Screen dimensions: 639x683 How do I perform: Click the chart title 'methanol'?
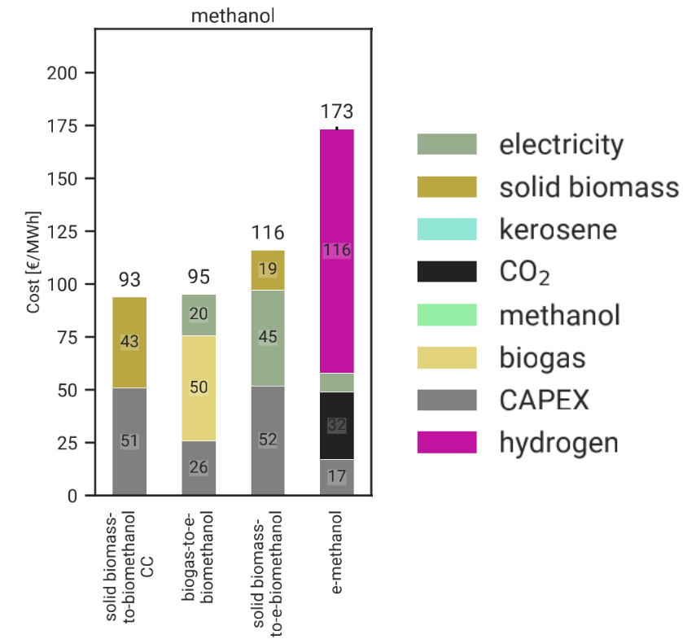[x=232, y=15]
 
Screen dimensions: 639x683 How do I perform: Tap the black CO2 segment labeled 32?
[x=336, y=426]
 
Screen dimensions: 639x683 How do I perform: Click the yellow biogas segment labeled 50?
[x=198, y=387]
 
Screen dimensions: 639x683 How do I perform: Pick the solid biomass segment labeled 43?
[x=129, y=343]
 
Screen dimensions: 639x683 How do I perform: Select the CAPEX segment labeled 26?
[x=198, y=468]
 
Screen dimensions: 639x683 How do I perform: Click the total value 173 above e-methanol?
[x=336, y=112]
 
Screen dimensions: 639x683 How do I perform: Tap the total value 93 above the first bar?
[x=129, y=280]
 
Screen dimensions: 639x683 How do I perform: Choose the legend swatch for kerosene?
[x=446, y=229]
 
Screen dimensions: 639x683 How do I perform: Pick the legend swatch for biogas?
[x=446, y=357]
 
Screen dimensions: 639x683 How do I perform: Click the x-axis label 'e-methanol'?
[x=337, y=554]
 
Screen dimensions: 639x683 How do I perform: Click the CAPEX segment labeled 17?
[x=336, y=477]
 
